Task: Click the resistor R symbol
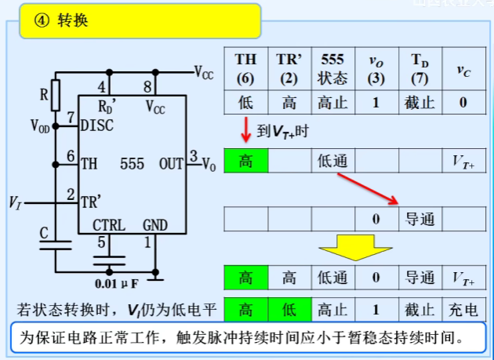(55, 95)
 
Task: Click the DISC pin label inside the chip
(97, 125)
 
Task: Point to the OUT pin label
(171, 164)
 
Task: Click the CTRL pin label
(109, 225)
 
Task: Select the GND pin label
(155, 225)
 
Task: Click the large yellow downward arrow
(355, 245)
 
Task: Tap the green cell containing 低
(289, 309)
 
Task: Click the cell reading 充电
(463, 309)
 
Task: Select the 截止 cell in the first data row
(420, 102)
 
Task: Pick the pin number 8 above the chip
(147, 86)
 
